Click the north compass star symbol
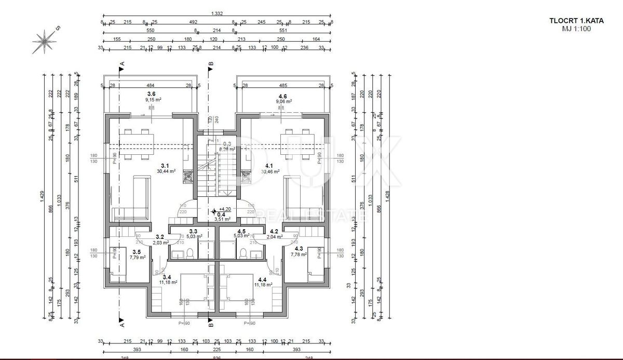pyautogui.click(x=45, y=41)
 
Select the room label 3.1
pyautogui.click(x=166, y=165)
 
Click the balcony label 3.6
pyautogui.click(x=151, y=94)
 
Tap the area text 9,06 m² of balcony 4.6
pyautogui.click(x=283, y=101)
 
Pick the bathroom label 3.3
pyautogui.click(x=193, y=231)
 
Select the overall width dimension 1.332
pyautogui.click(x=218, y=14)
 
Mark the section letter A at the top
pyautogui.click(x=121, y=63)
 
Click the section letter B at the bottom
pyautogui.click(x=210, y=326)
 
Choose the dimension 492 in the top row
pyautogui.click(x=193, y=22)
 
